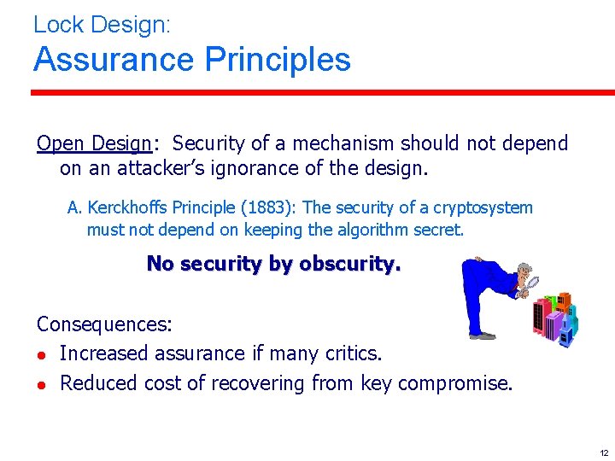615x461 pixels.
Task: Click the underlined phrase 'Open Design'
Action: tap(93, 143)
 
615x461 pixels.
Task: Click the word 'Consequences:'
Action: tap(104, 324)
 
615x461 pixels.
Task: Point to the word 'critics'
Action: tap(351, 353)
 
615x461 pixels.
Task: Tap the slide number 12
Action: tap(604, 452)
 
